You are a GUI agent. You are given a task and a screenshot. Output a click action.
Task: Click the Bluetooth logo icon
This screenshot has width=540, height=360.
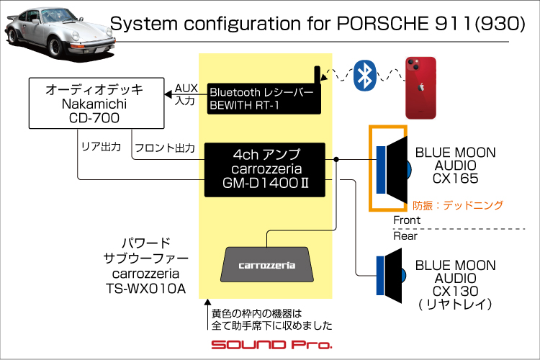[x=365, y=76]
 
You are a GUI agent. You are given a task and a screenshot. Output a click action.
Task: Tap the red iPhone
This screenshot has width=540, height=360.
[x=420, y=88]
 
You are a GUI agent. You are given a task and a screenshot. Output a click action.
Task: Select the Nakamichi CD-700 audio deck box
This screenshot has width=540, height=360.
[x=96, y=104]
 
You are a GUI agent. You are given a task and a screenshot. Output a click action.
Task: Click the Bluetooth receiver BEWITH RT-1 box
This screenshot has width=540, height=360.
[x=264, y=99]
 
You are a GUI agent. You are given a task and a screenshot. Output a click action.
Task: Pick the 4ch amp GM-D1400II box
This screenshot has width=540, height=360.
[x=265, y=170]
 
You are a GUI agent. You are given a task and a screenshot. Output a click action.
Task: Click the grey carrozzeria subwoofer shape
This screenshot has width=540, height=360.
[x=267, y=264]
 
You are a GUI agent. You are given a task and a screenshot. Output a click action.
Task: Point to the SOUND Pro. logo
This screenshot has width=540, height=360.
[x=271, y=344]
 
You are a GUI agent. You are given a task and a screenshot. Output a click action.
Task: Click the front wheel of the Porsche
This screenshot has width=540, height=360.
[x=55, y=47]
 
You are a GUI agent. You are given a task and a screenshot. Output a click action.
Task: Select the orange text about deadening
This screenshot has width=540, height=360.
[x=458, y=205]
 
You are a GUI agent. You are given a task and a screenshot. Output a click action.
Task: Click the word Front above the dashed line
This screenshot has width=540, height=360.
[x=407, y=220]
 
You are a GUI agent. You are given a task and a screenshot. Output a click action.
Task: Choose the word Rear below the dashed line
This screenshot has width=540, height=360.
[x=405, y=236]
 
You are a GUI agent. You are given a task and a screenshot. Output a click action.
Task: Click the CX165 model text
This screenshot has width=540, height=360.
[x=455, y=179]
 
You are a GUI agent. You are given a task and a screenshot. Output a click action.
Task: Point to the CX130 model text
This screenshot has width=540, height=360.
[x=455, y=291]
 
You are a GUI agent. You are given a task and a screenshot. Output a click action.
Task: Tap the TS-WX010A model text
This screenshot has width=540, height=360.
[x=145, y=289]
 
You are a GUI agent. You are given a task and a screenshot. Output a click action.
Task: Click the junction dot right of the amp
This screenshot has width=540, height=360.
[x=336, y=159]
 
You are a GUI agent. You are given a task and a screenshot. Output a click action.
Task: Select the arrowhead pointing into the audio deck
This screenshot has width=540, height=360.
[x=168, y=94]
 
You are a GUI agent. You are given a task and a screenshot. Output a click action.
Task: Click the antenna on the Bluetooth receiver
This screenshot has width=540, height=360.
[x=318, y=75]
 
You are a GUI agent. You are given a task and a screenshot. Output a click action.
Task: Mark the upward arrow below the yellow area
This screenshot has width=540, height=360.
[x=207, y=314]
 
